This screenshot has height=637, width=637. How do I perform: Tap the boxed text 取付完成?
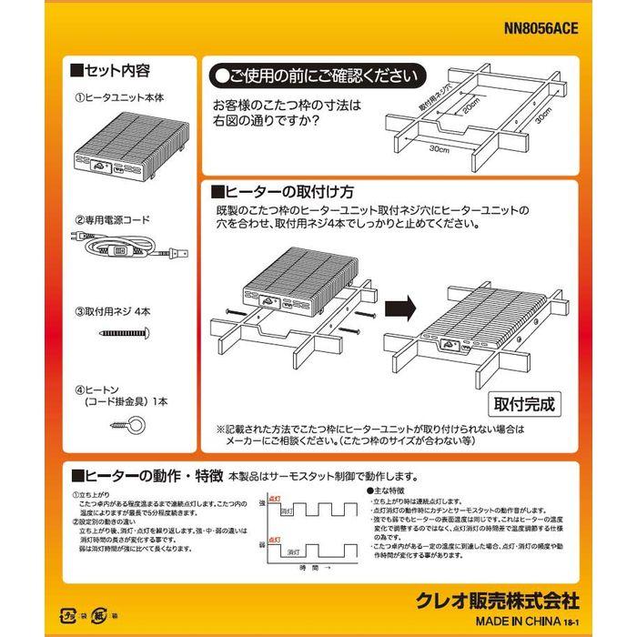click(x=523, y=400)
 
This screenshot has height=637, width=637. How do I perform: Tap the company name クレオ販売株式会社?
click(x=497, y=602)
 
